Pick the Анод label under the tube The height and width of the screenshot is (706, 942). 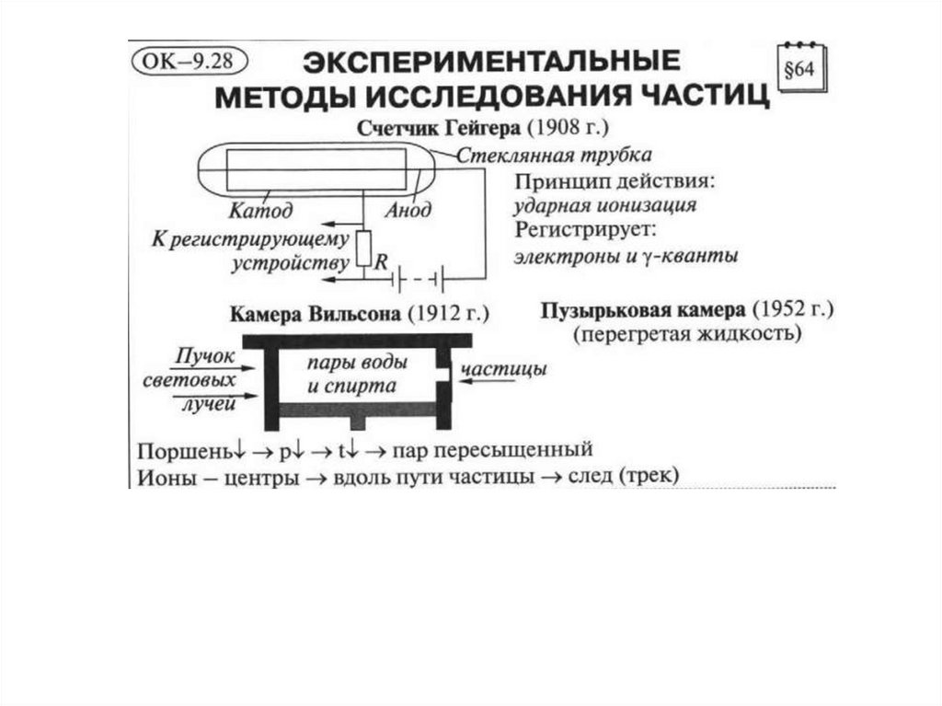tap(408, 211)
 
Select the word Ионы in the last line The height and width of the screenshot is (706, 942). tap(164, 478)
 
